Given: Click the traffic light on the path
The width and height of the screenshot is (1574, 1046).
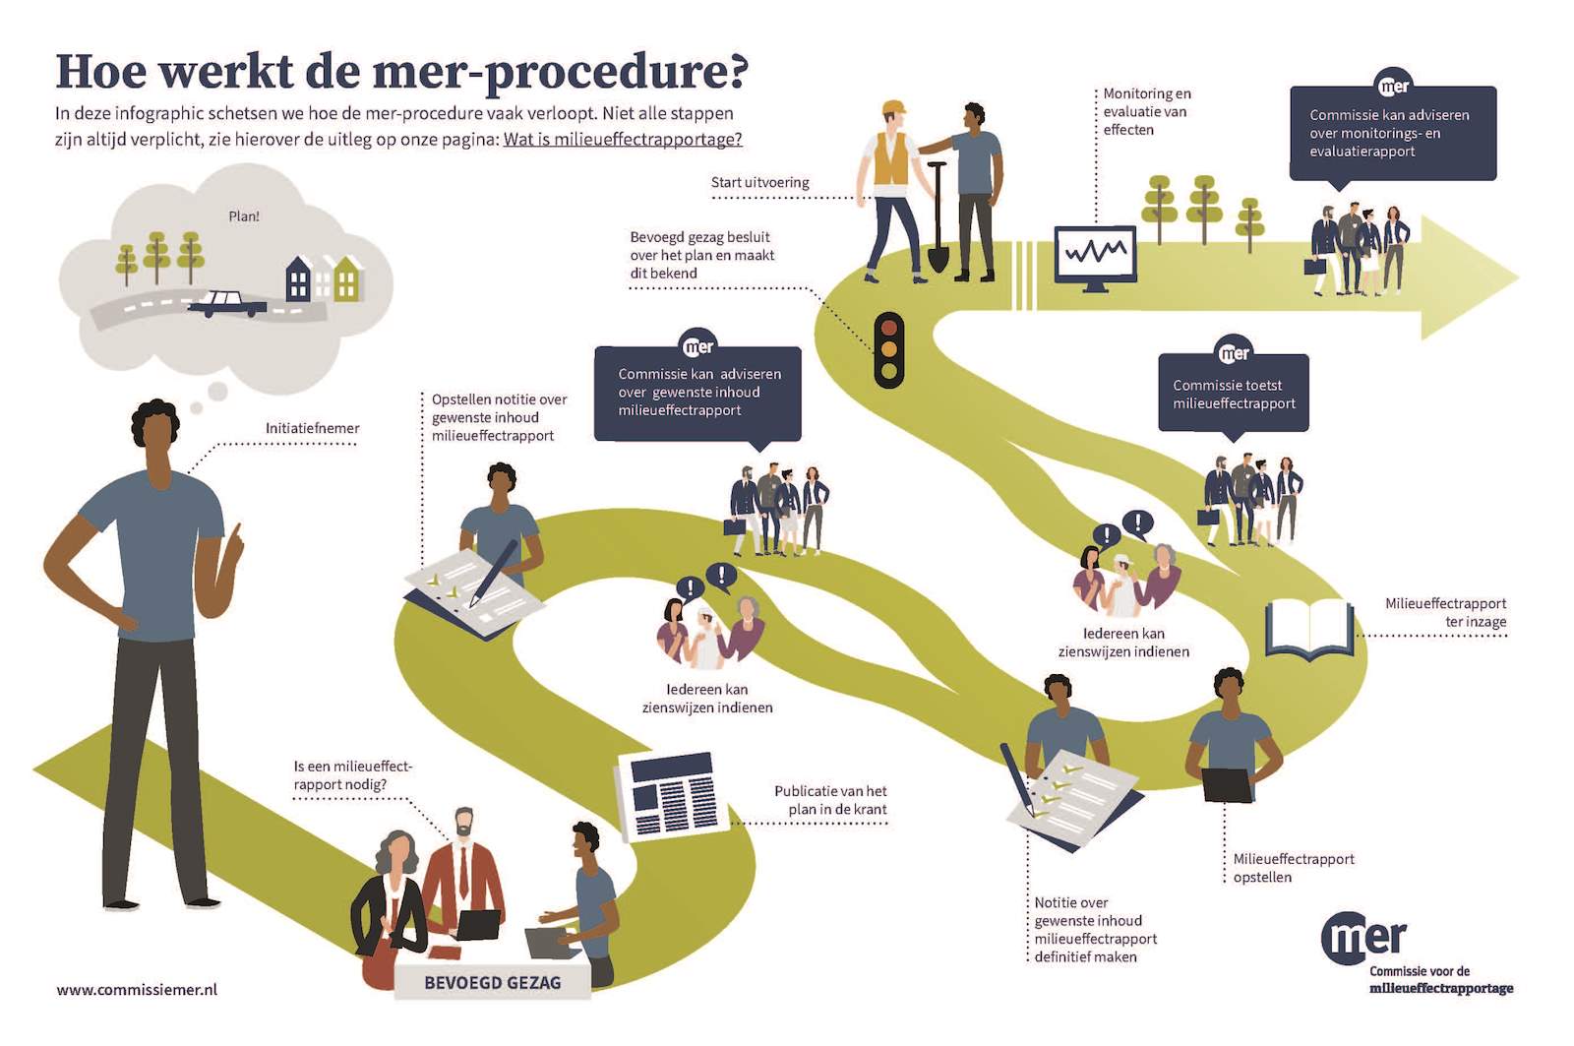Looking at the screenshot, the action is (889, 350).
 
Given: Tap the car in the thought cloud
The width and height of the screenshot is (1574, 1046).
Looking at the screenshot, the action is (227, 304).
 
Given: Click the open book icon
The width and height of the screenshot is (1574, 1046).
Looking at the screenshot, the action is (1309, 629).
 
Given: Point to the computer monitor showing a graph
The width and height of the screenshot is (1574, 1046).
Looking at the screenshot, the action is (1096, 258).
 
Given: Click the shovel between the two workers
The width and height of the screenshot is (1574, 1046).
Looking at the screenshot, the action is (938, 216).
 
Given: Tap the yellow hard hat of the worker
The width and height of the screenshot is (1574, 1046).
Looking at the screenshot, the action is (894, 108).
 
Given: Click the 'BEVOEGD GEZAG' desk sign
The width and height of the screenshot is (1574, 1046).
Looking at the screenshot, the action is (493, 982).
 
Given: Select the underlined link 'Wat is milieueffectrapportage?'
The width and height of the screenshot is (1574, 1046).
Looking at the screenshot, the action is (623, 139).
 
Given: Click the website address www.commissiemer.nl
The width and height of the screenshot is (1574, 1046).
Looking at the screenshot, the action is (137, 990).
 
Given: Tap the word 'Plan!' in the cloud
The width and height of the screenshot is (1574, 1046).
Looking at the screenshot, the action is (244, 216).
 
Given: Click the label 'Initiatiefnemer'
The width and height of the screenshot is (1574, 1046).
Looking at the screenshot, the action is (312, 428).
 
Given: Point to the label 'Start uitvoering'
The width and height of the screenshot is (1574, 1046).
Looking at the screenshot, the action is (759, 183).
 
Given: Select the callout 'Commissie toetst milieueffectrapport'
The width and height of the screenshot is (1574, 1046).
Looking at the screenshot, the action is (1234, 394).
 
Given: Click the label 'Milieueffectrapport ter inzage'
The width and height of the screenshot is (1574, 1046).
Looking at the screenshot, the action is (1445, 612).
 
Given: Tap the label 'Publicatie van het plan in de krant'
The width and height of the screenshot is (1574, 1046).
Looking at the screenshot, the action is (830, 800).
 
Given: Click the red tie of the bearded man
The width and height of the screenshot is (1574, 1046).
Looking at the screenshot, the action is (463, 873).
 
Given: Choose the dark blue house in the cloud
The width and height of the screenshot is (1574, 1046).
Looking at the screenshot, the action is (299, 279).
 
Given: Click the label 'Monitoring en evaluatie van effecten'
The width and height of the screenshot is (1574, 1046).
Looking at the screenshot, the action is (1147, 111).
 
